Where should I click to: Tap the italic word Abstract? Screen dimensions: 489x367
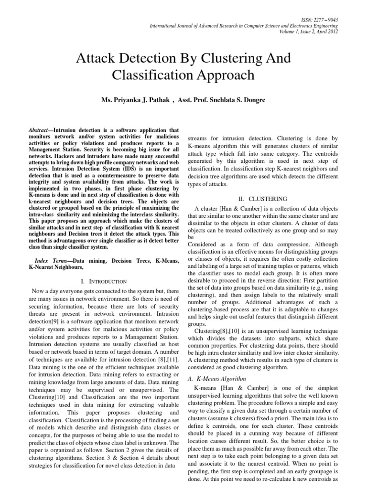click(41, 130)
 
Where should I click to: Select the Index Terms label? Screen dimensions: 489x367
click(52, 261)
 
